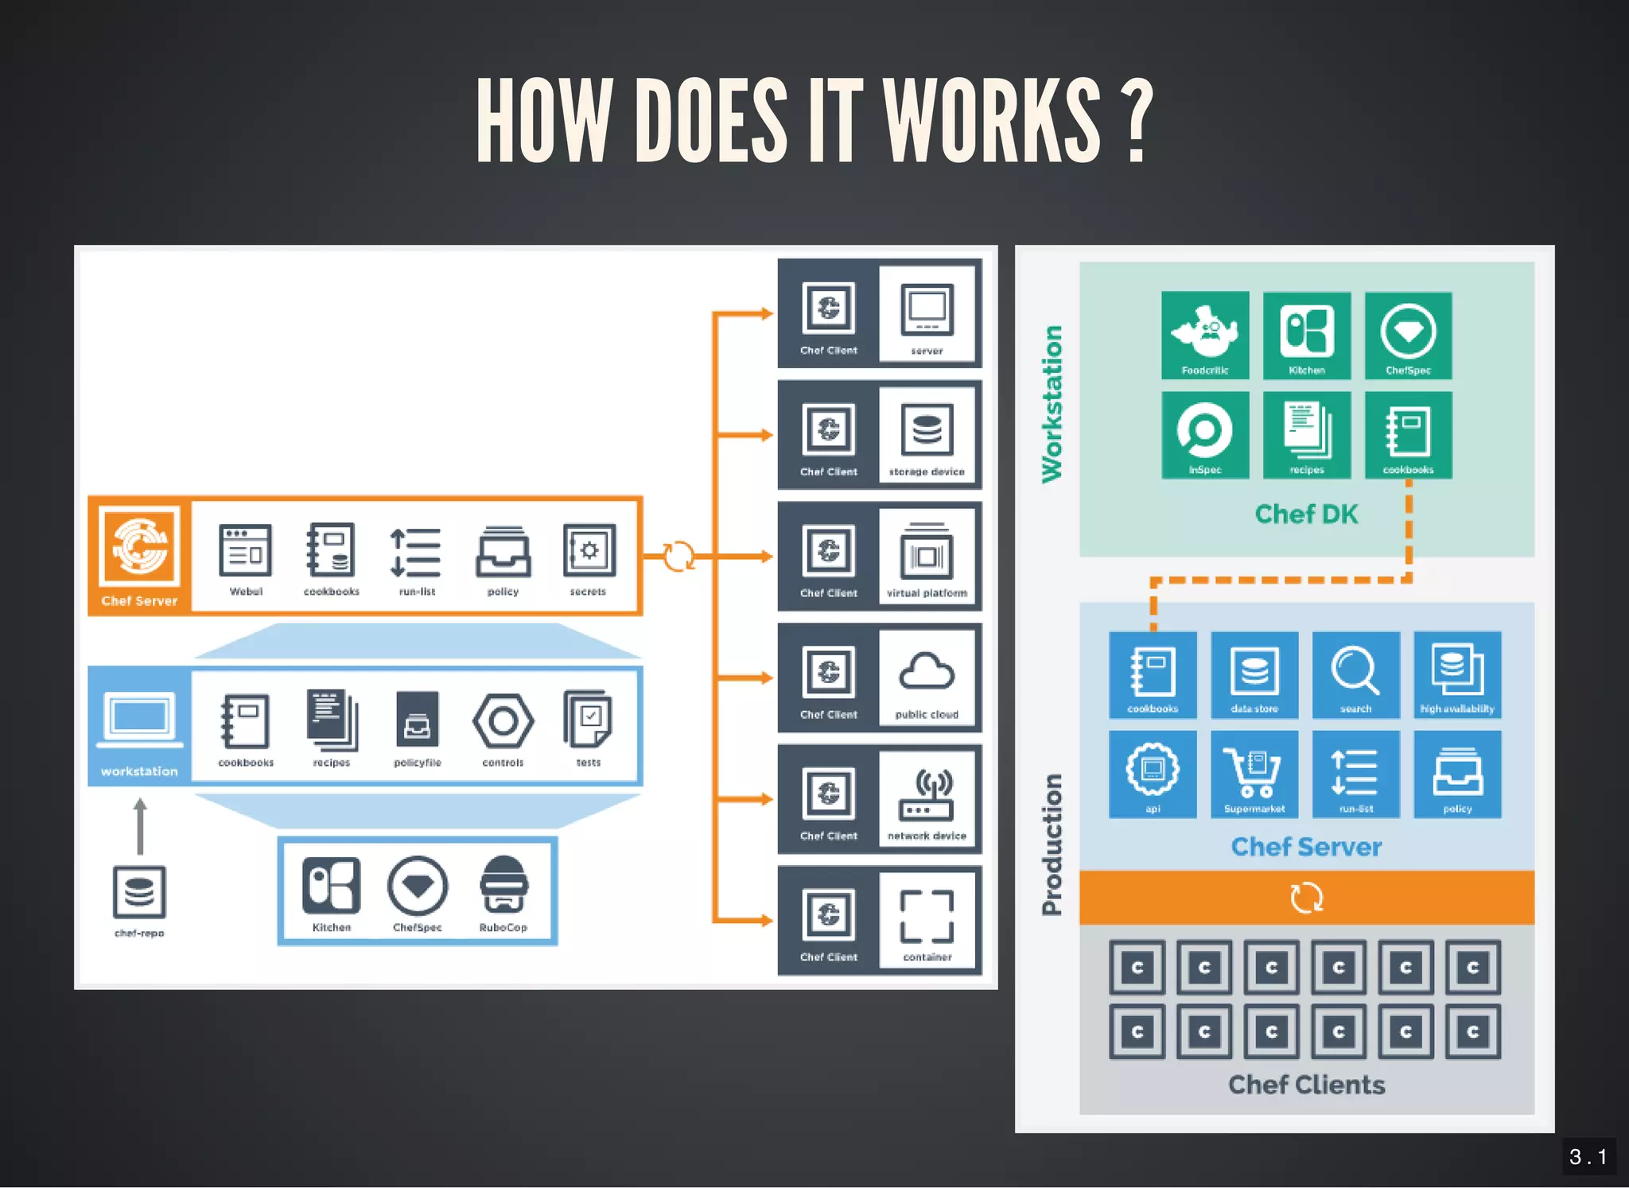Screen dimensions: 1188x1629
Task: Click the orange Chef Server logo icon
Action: (x=140, y=546)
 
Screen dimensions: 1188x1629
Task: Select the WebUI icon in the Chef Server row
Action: (x=246, y=550)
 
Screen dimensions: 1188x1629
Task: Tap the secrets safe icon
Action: (x=589, y=550)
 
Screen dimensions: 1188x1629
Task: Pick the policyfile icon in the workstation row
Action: (x=417, y=720)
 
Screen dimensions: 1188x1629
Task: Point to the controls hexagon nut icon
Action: (x=503, y=721)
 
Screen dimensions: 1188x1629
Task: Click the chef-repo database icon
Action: (x=139, y=892)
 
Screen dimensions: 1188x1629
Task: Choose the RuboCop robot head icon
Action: (x=503, y=884)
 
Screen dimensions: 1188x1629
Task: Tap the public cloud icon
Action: (x=927, y=672)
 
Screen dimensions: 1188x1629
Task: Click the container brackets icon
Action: (x=927, y=916)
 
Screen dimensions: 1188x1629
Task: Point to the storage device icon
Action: (x=927, y=429)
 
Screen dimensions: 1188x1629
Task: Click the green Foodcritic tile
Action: (x=1205, y=335)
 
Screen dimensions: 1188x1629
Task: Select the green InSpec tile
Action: (x=1205, y=434)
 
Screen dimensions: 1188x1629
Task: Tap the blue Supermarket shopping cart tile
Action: (x=1254, y=774)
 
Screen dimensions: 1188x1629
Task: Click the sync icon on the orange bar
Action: (x=1306, y=898)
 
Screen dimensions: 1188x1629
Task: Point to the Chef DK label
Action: (x=1306, y=514)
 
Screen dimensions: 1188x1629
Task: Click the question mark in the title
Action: (x=1139, y=121)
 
